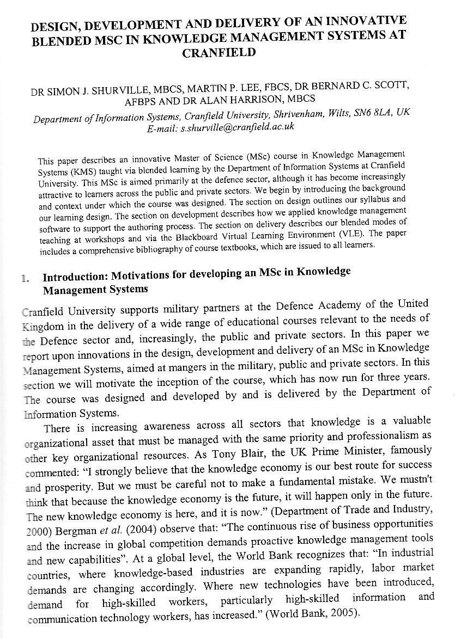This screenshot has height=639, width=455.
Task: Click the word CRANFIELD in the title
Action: click(219, 53)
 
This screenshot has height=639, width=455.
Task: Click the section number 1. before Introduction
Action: click(25, 279)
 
